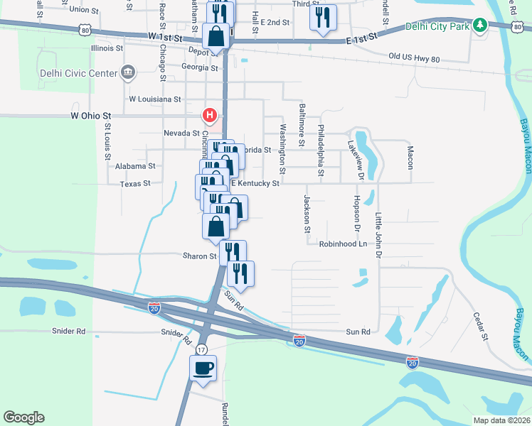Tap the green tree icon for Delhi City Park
coord(480,26)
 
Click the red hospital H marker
coord(210,114)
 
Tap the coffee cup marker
coord(203,368)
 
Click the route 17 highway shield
coord(202,350)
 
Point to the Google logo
coord(23,417)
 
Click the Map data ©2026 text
coord(501,420)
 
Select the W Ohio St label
coord(91,115)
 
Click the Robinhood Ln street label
coord(342,244)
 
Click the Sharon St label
coord(200,256)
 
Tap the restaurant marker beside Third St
coord(323,16)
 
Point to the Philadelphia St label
coord(321,151)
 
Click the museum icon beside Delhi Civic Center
coord(128,71)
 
